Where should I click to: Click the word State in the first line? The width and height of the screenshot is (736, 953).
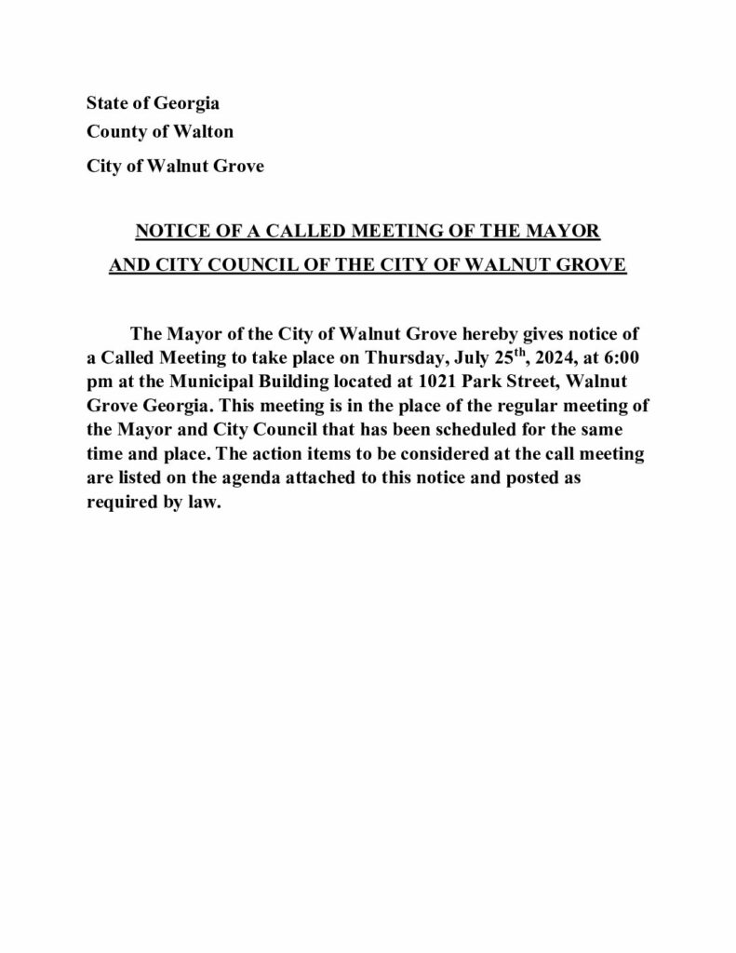(105, 102)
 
